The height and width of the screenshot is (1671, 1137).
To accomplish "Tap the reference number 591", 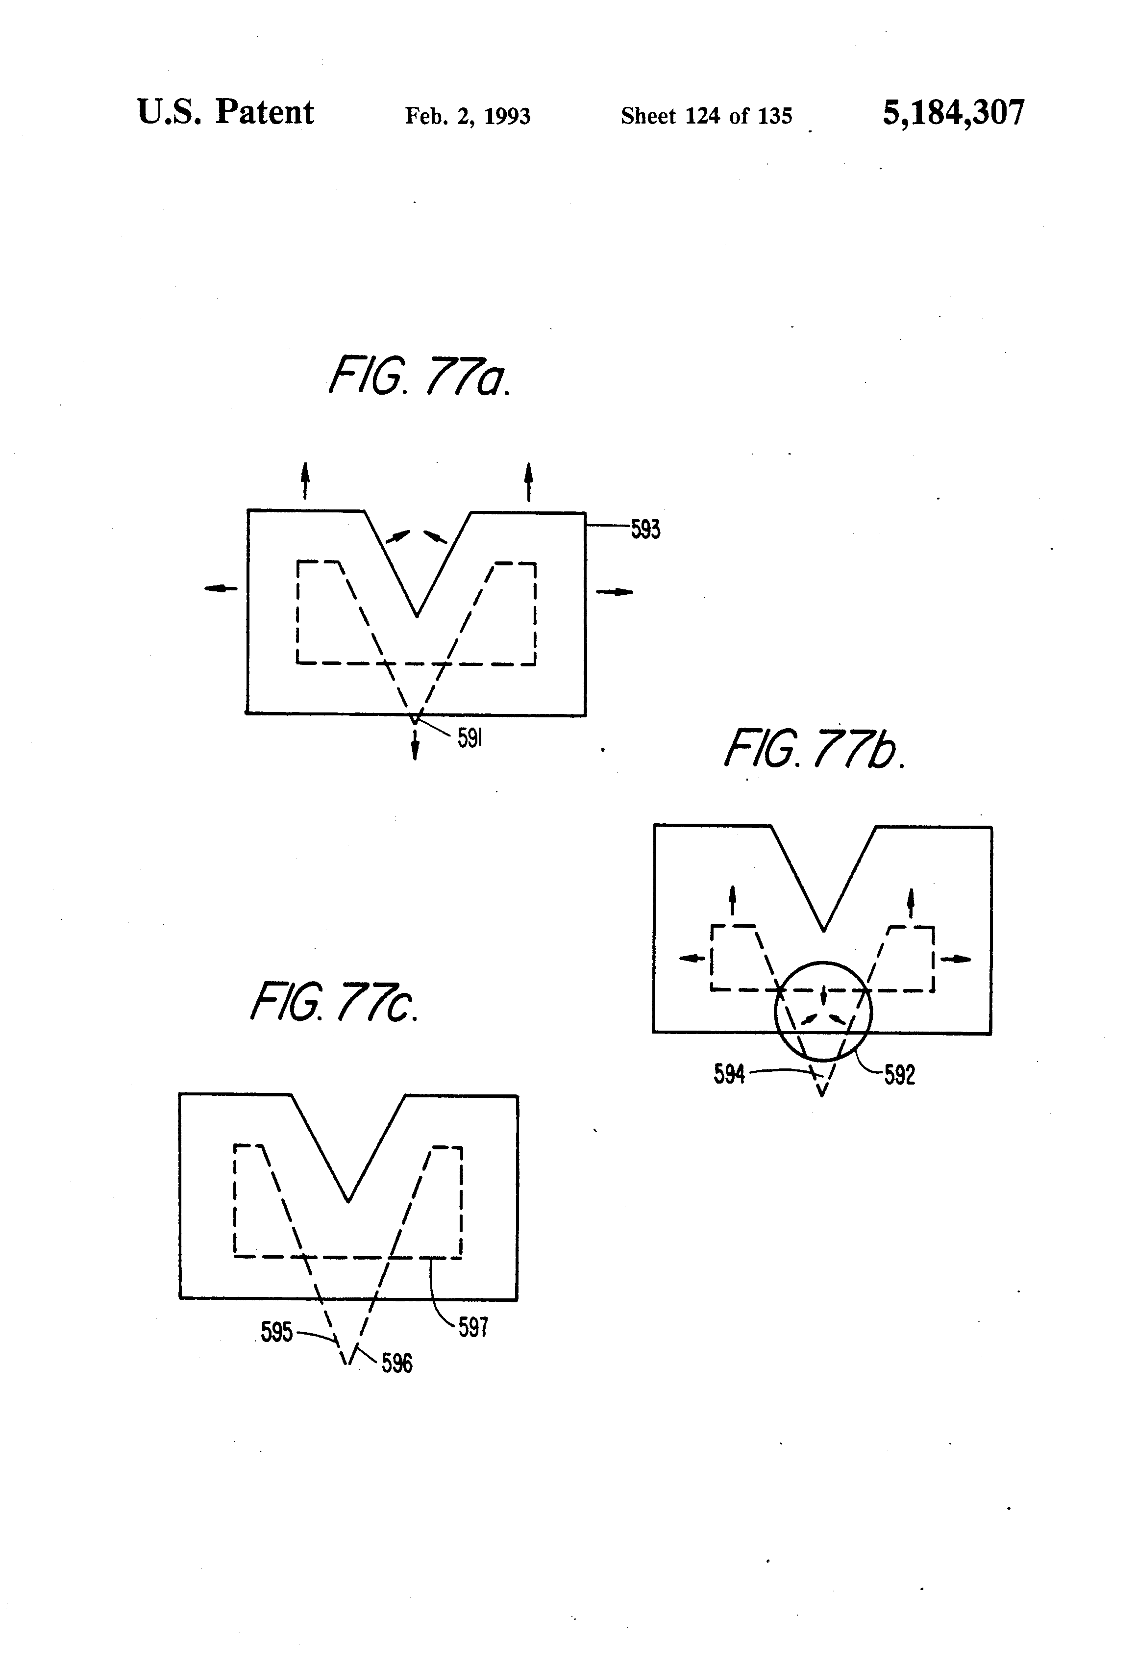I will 470,738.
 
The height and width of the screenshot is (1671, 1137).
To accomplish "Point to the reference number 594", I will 729,1074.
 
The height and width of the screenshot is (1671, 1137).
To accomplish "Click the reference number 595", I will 277,1332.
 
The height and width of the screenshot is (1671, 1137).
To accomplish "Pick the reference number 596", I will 397,1363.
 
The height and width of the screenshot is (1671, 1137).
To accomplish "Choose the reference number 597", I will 473,1327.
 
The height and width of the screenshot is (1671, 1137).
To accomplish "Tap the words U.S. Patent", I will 225,112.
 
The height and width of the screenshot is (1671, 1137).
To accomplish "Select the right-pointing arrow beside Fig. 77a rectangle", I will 615,592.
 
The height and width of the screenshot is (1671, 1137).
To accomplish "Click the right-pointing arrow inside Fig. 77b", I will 955,959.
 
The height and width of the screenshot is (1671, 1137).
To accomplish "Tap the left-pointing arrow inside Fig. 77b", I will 692,958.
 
